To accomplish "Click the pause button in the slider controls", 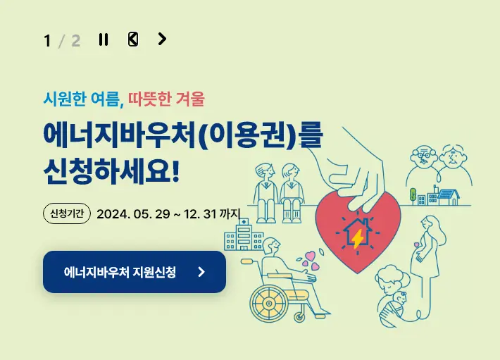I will pos(104,39).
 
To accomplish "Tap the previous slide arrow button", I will pos(133,39).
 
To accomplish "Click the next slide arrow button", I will pos(162,39).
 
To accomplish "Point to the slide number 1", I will pos(47,41).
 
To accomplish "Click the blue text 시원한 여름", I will pos(82,99).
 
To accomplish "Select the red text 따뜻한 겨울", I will pos(166,99).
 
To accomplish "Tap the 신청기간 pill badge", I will pos(67,213).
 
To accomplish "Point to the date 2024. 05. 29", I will pos(133,213).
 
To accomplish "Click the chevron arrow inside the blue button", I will pos(201,272).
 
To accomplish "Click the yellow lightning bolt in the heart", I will pos(358,240).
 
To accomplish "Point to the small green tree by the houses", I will pos(413,192).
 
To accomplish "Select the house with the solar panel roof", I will pos(446,194).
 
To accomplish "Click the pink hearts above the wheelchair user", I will pos(311,261).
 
